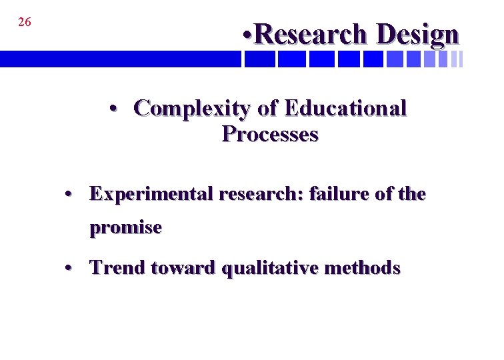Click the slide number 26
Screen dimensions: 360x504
(25, 22)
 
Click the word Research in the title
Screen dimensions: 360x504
(310, 34)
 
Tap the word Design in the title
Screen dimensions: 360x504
(417, 34)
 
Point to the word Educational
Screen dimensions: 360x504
(345, 108)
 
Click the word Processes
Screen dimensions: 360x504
(270, 134)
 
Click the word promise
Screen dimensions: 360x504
(126, 228)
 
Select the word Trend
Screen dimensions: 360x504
(118, 268)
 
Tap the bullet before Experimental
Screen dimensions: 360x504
(69, 195)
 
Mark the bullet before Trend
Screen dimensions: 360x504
(69, 269)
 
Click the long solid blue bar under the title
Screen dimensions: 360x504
(120, 59)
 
